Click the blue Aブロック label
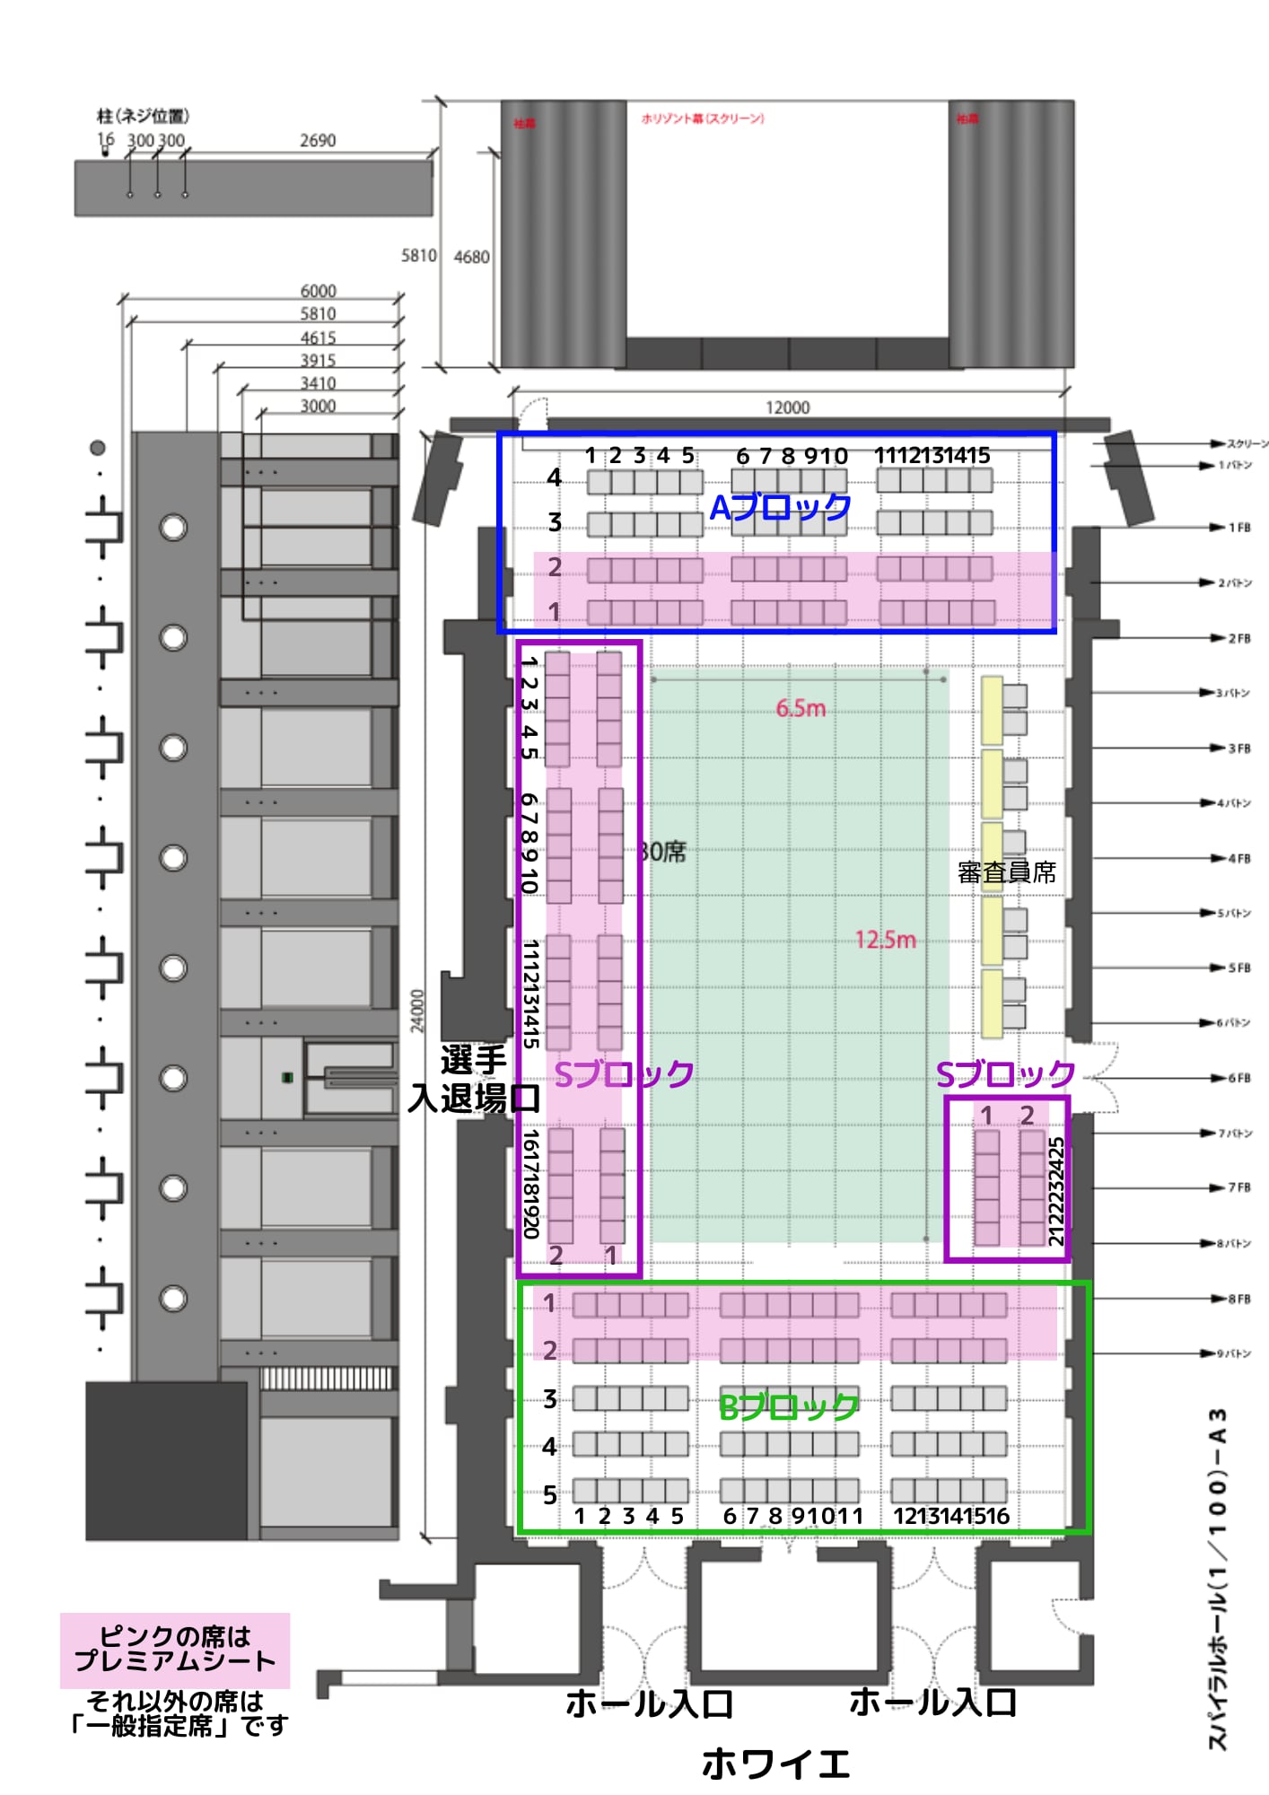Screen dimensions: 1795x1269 pyautogui.click(x=780, y=508)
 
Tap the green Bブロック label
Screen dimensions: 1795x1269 pyautogui.click(x=788, y=1406)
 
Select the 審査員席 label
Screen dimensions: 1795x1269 pyautogui.click(x=1006, y=872)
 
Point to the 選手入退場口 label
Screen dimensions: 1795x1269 pyautogui.click(x=474, y=1080)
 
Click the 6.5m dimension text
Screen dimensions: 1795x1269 pyautogui.click(x=801, y=709)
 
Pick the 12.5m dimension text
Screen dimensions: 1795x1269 pyautogui.click(x=885, y=940)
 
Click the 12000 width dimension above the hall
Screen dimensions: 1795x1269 pyautogui.click(x=787, y=407)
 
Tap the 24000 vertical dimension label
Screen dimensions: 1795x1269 pyautogui.click(x=417, y=1011)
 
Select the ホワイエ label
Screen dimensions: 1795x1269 pyautogui.click(x=775, y=1764)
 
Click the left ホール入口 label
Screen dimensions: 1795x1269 pyautogui.click(x=649, y=1703)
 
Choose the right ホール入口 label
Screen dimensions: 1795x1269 pyautogui.click(x=932, y=1702)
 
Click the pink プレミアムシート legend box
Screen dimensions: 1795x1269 pyautogui.click(x=175, y=1650)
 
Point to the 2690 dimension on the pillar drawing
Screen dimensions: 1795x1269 pyautogui.click(x=318, y=141)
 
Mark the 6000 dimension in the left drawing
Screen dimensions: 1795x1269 pyautogui.click(x=318, y=291)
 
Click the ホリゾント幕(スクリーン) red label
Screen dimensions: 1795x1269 pyautogui.click(x=702, y=118)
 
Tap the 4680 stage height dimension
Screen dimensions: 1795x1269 pyautogui.click(x=471, y=258)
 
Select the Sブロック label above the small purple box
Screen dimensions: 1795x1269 pyautogui.click(x=1004, y=1073)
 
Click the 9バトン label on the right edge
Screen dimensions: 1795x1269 pyautogui.click(x=1235, y=1353)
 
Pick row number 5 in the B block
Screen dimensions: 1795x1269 pyautogui.click(x=550, y=1494)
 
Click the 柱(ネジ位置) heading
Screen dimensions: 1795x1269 pyautogui.click(x=143, y=116)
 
